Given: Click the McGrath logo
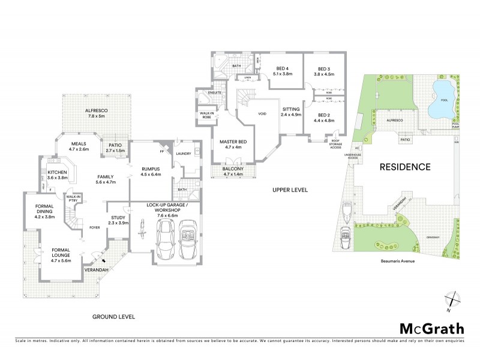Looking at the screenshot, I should pos(431,328).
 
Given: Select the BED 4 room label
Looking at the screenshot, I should pos(283,68).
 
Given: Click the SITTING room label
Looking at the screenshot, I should pos(290,109).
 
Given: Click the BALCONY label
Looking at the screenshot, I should pos(233,169).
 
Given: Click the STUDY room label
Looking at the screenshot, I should pos(117,218).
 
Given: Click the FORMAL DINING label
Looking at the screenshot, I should pos(41,208).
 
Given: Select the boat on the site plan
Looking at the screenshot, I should pos(347,212).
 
